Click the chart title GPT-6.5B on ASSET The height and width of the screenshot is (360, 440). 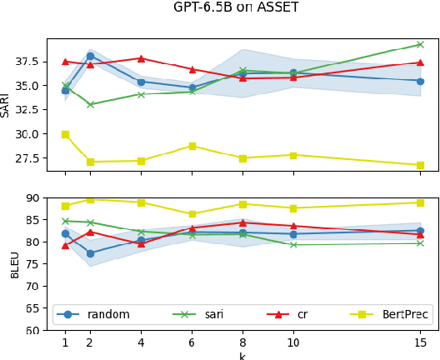click(x=236, y=7)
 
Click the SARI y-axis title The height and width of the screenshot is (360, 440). click(x=6, y=104)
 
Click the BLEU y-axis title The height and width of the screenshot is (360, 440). click(x=14, y=263)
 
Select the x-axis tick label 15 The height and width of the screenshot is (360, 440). click(x=420, y=342)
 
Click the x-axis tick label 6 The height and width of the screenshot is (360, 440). click(x=192, y=342)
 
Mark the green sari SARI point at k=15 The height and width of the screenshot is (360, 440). click(x=420, y=44)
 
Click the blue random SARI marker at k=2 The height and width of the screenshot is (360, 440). click(x=90, y=56)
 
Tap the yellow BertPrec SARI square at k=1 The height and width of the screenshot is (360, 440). click(x=65, y=134)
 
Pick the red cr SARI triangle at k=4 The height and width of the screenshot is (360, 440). click(x=141, y=58)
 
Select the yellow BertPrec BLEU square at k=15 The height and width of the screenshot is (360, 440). click(x=420, y=202)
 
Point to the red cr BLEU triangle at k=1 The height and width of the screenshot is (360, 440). click(x=65, y=245)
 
